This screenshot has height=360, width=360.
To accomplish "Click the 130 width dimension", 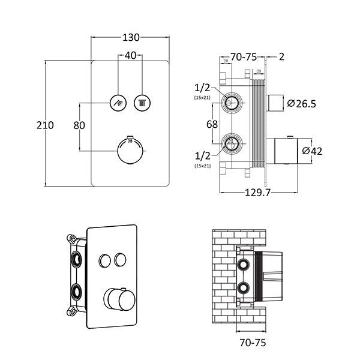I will [x=129, y=38].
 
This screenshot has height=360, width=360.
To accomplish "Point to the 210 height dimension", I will [x=45, y=125].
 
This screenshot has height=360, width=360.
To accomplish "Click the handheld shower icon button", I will [x=117, y=101].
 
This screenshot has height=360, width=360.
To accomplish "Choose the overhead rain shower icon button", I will [x=142, y=101].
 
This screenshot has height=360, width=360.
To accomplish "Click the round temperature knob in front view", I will [x=130, y=149].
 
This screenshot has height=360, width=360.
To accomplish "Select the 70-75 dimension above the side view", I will [x=244, y=57].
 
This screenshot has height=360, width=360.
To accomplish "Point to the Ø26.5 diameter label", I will [x=302, y=103].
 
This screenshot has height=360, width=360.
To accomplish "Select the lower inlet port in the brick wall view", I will [x=244, y=286].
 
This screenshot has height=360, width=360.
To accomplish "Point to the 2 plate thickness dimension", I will [x=281, y=57].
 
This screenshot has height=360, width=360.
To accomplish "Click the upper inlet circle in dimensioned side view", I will [x=230, y=102].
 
